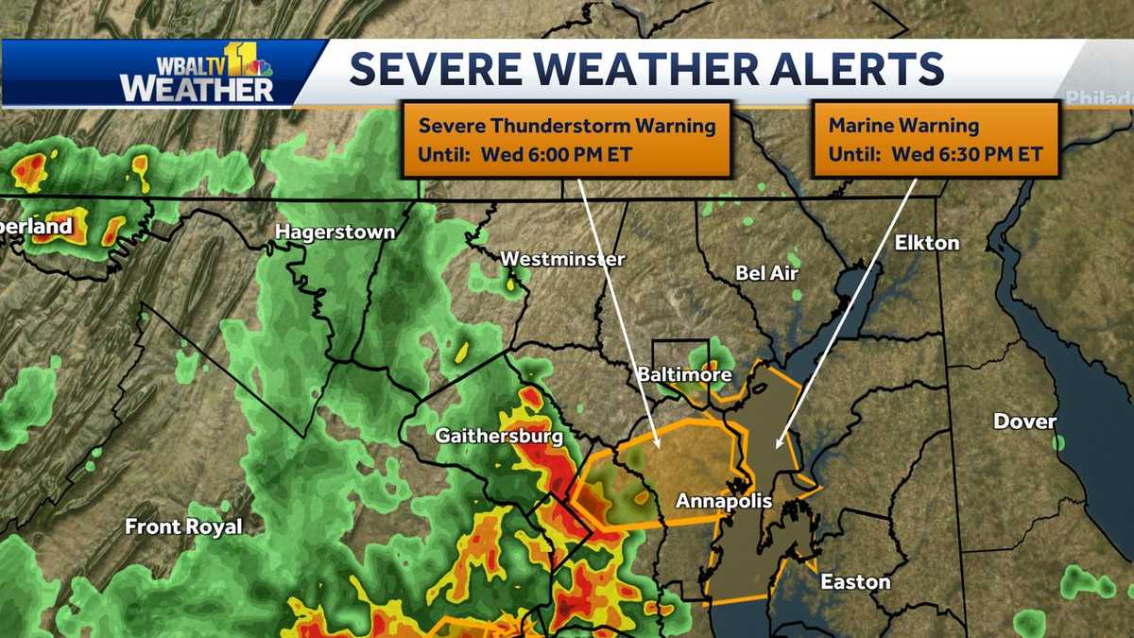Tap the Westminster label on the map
tap(562, 258)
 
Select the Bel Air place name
tap(766, 273)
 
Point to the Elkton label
tap(927, 243)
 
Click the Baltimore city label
tap(683, 375)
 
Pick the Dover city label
tap(1024, 422)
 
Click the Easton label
tap(854, 581)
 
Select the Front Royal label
tap(184, 526)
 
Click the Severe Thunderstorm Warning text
tap(567, 126)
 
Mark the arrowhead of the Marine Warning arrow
tap(778, 444)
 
